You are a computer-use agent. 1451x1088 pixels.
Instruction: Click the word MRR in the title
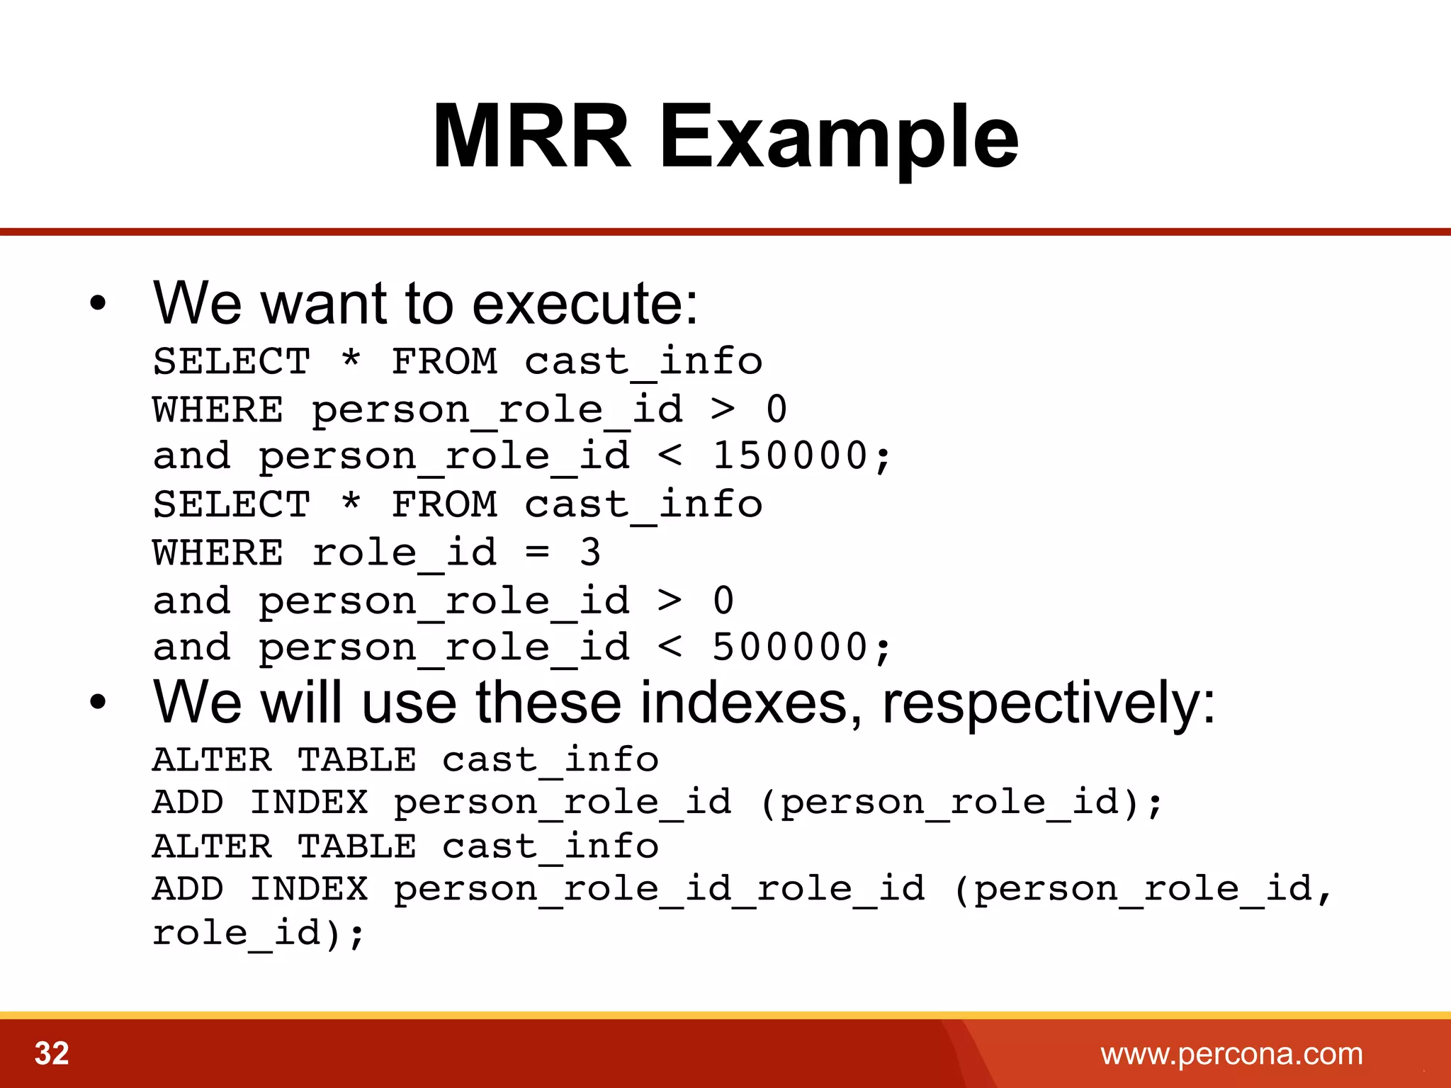(x=531, y=136)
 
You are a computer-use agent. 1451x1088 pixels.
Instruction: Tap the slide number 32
(x=52, y=1053)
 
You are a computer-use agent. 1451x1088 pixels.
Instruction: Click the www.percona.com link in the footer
(x=1231, y=1054)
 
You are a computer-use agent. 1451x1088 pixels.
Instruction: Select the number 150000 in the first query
(x=790, y=455)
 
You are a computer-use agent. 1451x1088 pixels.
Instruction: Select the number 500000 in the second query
(x=790, y=647)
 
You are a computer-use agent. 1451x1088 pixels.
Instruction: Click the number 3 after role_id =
(x=589, y=552)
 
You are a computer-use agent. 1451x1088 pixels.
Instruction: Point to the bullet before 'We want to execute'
(x=98, y=305)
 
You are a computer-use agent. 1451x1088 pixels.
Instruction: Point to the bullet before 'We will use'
(x=98, y=703)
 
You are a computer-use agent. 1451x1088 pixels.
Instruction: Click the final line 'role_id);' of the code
(x=258, y=934)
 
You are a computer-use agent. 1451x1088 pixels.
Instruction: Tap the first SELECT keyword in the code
(x=232, y=362)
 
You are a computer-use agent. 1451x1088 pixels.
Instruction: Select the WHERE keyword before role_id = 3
(x=218, y=553)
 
